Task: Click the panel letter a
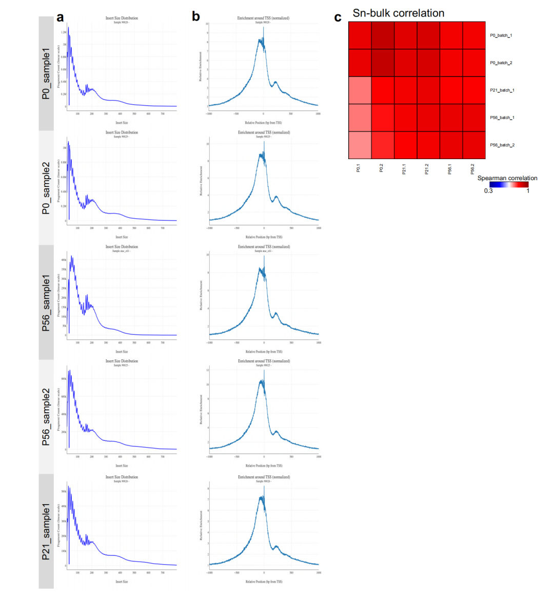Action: point(61,17)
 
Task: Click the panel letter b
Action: point(196,17)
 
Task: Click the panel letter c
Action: point(338,17)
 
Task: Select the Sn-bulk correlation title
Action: point(398,13)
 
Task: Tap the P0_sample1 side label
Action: point(46,73)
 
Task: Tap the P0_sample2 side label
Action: point(46,188)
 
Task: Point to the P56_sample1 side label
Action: point(46,302)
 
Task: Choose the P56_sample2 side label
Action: point(46,416)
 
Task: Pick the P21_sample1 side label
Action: point(46,531)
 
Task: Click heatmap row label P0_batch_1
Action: point(501,36)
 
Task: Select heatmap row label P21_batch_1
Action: point(502,90)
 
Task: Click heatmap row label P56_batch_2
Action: point(502,145)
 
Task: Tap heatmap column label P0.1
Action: point(359,168)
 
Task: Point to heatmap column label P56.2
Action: point(472,168)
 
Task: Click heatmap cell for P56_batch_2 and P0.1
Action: point(360,145)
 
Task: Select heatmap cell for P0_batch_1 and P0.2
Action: point(383,36)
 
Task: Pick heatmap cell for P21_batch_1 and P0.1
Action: point(360,90)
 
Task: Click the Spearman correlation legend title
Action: point(507,178)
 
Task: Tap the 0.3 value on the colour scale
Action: point(488,191)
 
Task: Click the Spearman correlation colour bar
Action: point(508,184)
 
